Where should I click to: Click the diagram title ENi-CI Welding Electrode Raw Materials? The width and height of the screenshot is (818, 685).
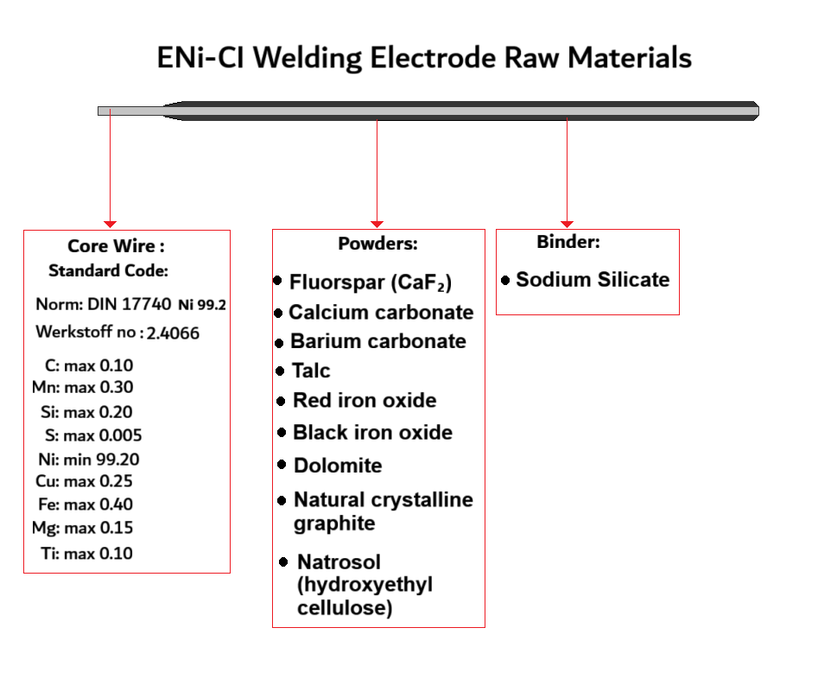pyautogui.click(x=424, y=58)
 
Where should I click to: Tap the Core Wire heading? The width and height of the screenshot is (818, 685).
pyautogui.click(x=116, y=246)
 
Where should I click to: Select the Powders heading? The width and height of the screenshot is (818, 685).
pyautogui.click(x=377, y=244)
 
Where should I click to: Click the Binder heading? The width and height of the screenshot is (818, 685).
pyautogui.click(x=568, y=242)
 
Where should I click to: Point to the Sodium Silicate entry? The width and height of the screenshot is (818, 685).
pyautogui.click(x=592, y=280)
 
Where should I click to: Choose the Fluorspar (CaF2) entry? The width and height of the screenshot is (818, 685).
pyautogui.click(x=371, y=282)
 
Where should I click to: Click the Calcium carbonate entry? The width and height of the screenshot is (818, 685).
pyautogui.click(x=381, y=313)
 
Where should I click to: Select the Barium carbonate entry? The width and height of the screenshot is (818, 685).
pyautogui.click(x=377, y=341)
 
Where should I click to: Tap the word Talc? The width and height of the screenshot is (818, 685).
pyautogui.click(x=311, y=371)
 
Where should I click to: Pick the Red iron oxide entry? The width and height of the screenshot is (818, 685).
pyautogui.click(x=365, y=401)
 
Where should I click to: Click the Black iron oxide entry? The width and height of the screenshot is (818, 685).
pyautogui.click(x=372, y=433)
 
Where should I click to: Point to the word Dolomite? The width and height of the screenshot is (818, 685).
pyautogui.click(x=338, y=466)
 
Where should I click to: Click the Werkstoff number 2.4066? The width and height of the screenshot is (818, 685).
pyautogui.click(x=173, y=333)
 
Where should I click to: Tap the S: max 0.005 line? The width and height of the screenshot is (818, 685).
pyautogui.click(x=93, y=435)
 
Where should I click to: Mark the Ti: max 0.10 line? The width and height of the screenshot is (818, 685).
pyautogui.click(x=86, y=554)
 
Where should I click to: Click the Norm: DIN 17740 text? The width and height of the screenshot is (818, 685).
pyautogui.click(x=103, y=305)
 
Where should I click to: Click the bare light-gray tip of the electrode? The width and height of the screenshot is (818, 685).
pyautogui.click(x=130, y=111)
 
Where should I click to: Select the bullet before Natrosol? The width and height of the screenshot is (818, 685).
pyautogui.click(x=283, y=562)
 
